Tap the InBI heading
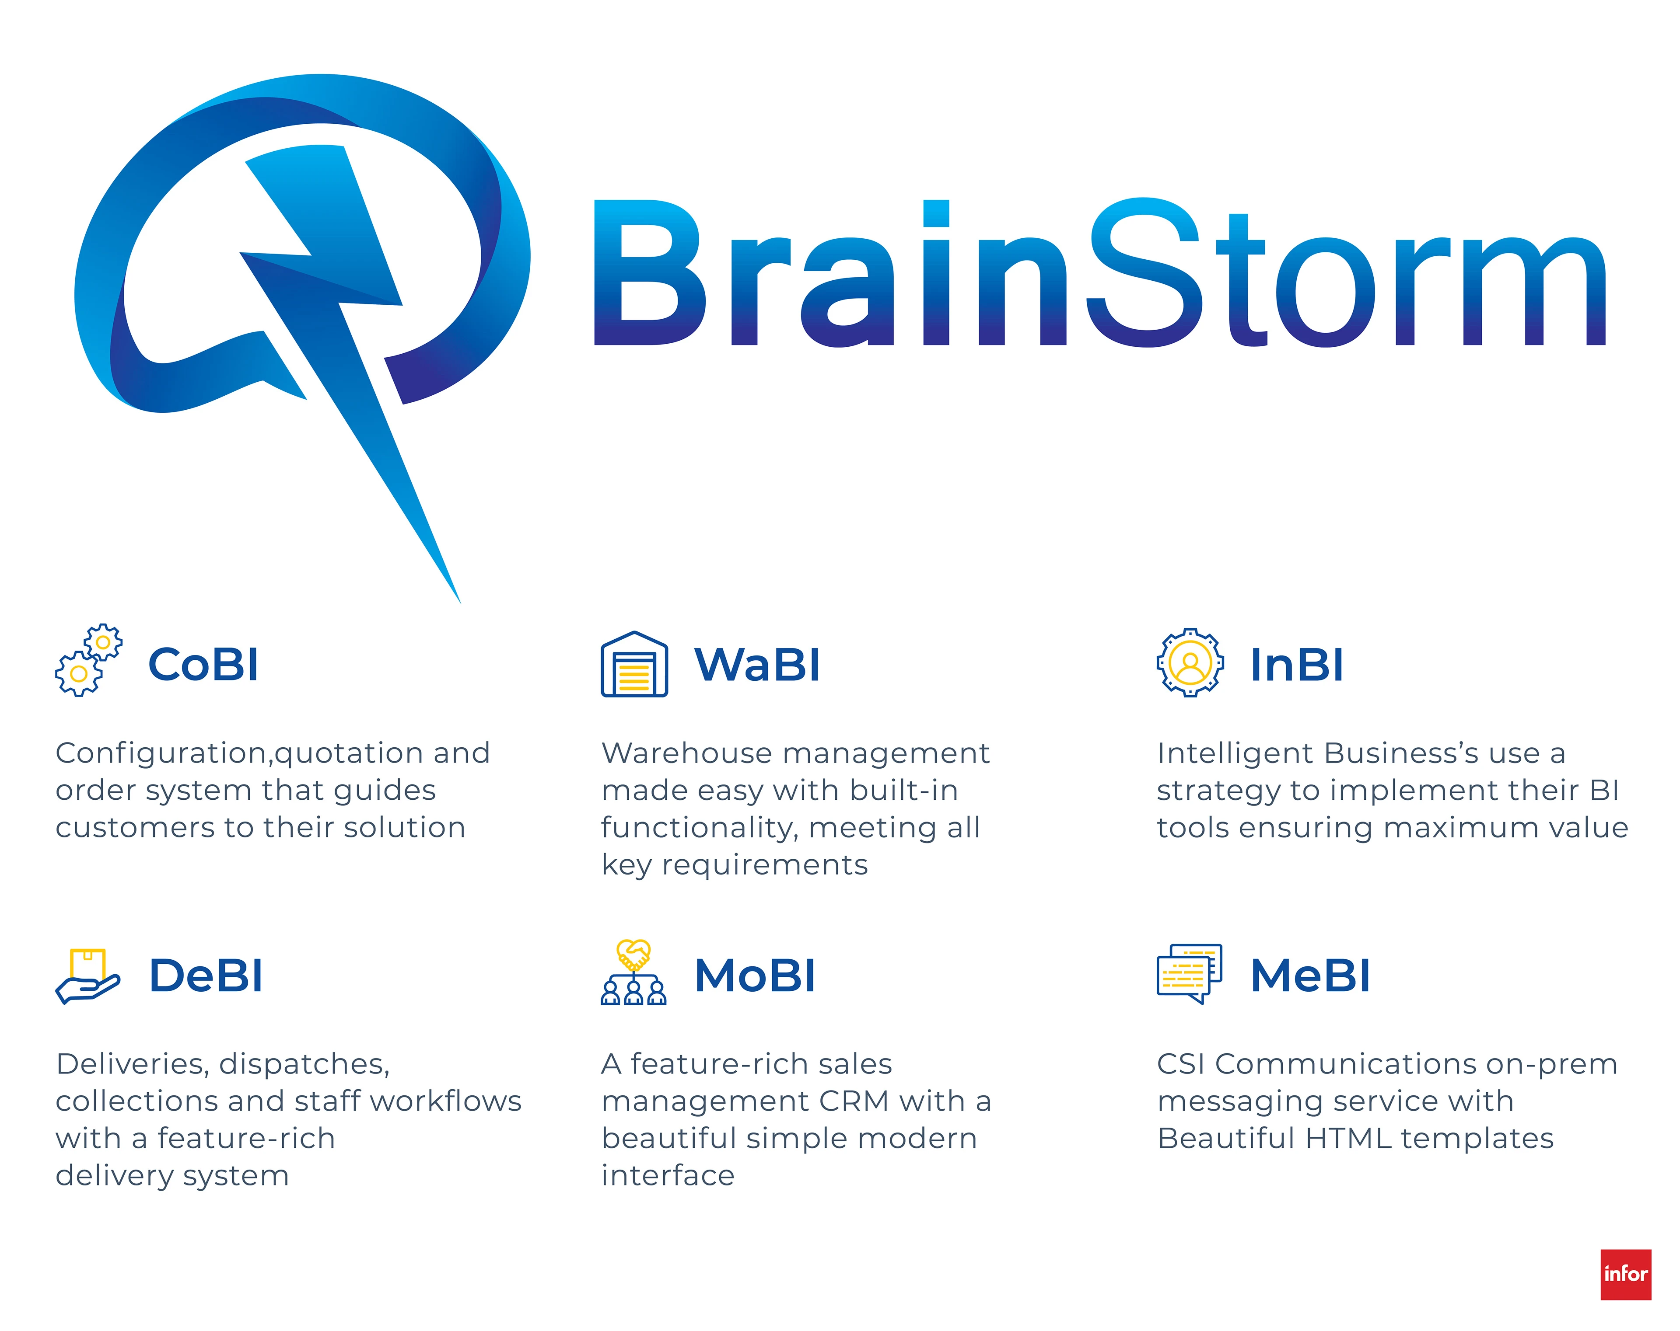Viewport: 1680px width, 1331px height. click(1297, 665)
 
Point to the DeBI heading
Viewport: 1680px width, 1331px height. click(206, 976)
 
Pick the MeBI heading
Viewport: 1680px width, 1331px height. click(1310, 976)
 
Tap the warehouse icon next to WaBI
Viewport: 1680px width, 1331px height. click(634, 664)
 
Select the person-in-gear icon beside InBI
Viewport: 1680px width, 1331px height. click(1190, 663)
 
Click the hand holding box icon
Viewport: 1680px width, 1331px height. click(88, 976)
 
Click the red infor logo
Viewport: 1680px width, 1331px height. click(1625, 1275)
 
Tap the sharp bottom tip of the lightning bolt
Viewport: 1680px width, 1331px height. click(460, 602)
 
